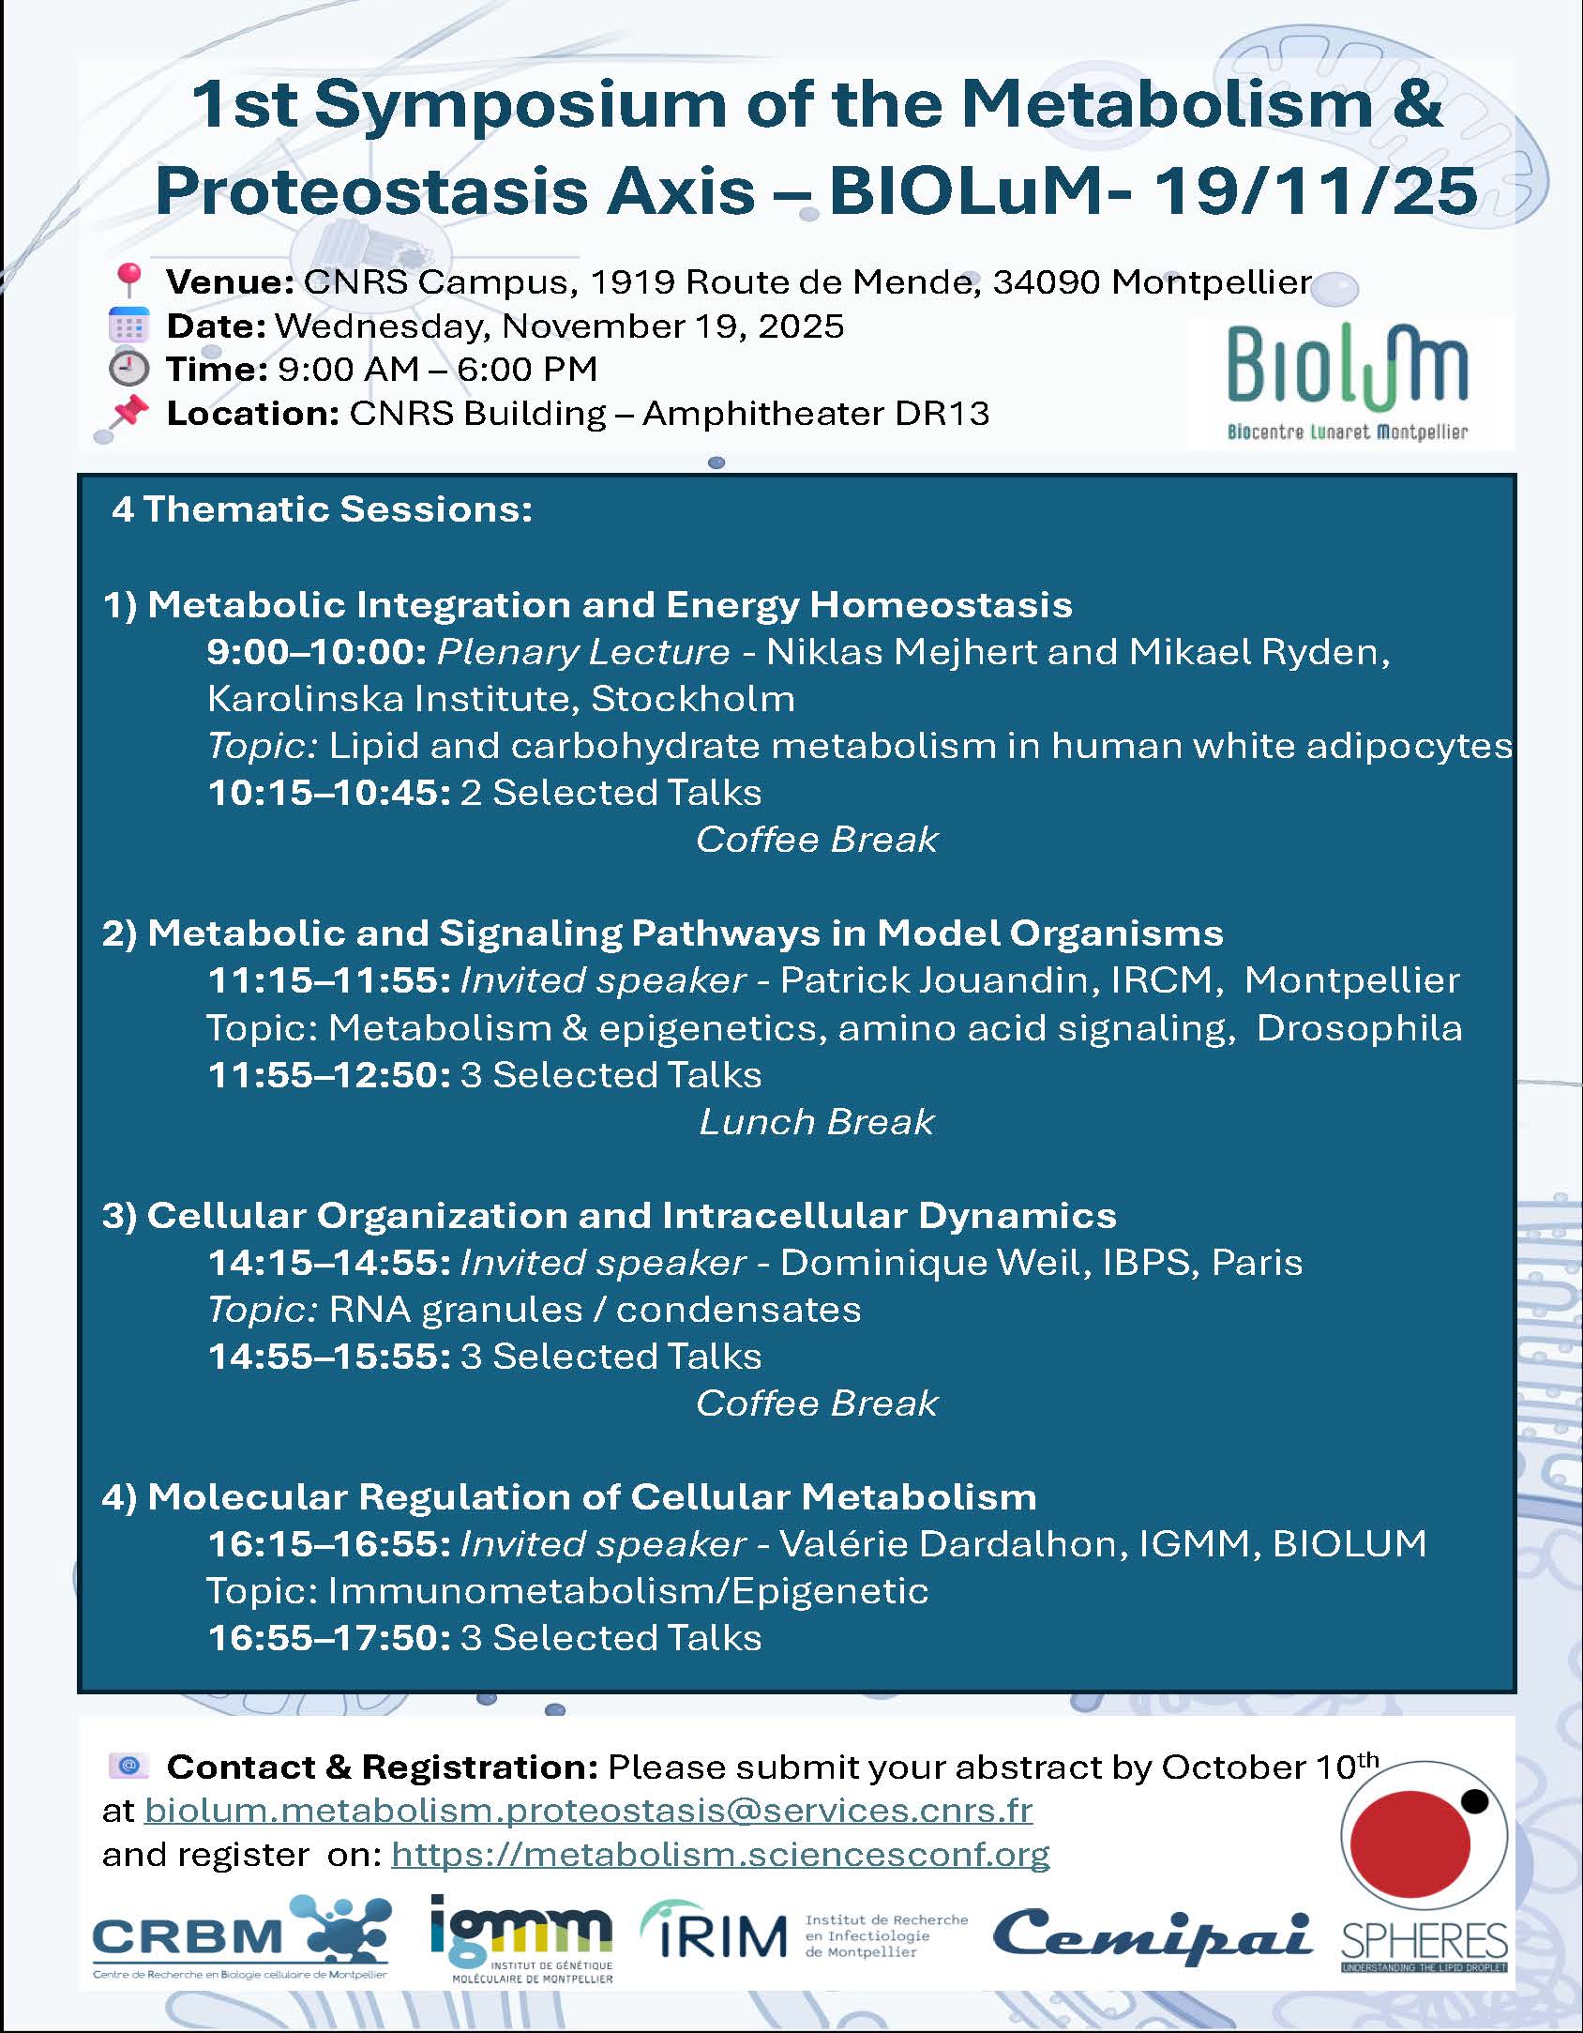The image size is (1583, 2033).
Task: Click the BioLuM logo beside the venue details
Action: coord(1347,383)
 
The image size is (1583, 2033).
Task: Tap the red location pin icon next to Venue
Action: coord(128,281)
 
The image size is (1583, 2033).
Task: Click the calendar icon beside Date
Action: coord(128,326)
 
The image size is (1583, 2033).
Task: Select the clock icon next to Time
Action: coord(128,369)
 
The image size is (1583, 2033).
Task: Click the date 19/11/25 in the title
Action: coord(1314,190)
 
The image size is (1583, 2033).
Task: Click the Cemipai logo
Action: coord(1152,1935)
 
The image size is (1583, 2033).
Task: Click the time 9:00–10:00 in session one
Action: coord(317,652)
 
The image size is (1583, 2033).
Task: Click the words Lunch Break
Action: coord(816,1122)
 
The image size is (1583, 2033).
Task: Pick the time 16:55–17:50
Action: coord(329,1638)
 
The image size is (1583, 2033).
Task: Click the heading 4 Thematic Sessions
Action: coord(322,509)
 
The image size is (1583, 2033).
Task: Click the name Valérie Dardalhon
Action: coord(953,1544)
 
